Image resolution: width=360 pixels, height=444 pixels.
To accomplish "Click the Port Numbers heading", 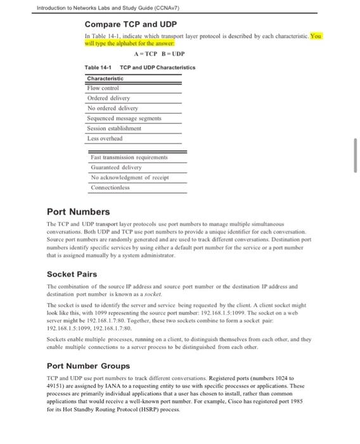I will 79,211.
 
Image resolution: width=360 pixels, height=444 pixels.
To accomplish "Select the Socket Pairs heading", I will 75,274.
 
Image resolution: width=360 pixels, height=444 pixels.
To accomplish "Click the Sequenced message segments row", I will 125,118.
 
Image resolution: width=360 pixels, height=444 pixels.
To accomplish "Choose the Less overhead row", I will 105,138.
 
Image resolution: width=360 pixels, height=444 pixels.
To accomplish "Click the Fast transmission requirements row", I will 129,155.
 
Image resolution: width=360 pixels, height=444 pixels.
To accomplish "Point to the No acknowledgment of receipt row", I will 131,176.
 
